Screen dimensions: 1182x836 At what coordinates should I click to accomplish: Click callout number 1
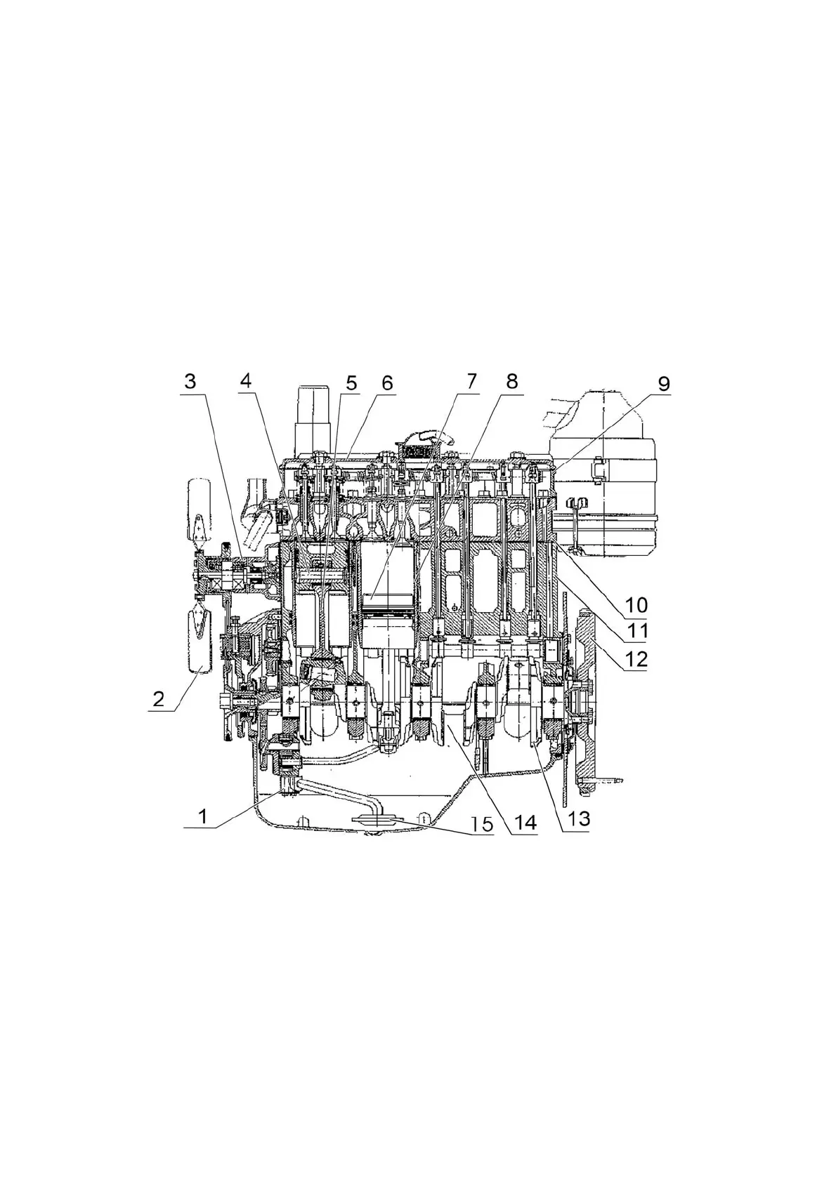click(x=203, y=816)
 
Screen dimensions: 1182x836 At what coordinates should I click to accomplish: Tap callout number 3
click(x=190, y=383)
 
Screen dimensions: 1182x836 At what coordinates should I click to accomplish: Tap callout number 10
click(x=638, y=604)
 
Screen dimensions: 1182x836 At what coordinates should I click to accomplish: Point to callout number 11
click(x=637, y=631)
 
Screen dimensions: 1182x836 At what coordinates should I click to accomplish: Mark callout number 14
click(x=525, y=822)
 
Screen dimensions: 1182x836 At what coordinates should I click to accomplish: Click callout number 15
click(x=481, y=822)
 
